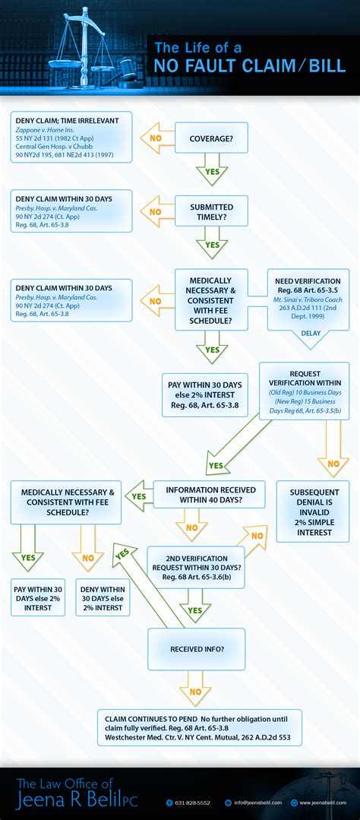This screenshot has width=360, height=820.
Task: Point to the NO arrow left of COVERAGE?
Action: [155, 139]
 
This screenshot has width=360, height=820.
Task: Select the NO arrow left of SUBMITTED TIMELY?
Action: [155, 212]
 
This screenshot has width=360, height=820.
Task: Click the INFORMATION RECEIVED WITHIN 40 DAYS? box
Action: [210, 495]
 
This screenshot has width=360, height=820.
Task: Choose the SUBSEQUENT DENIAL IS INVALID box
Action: [312, 511]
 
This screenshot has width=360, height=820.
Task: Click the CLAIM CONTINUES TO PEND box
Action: [200, 727]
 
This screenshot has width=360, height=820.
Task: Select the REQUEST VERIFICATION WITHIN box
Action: [304, 391]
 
